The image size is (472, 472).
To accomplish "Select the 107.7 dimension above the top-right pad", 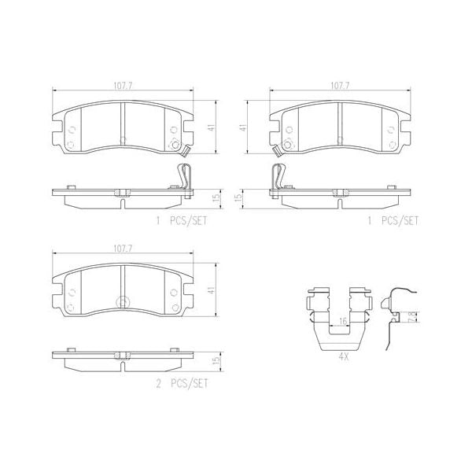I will pos(340,87).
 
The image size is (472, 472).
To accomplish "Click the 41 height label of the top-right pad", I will pos(244,127).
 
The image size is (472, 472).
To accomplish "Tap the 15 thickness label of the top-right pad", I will pos(237,200).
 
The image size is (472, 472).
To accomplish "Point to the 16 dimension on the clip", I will pos(341,320).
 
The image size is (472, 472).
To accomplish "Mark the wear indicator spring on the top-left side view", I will pos(182,176).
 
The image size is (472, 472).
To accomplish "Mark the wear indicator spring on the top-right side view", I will pos(278,178).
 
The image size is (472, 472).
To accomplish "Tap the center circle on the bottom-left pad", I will pos(122,303).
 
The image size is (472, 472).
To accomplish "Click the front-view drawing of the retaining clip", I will pos(338,319).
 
